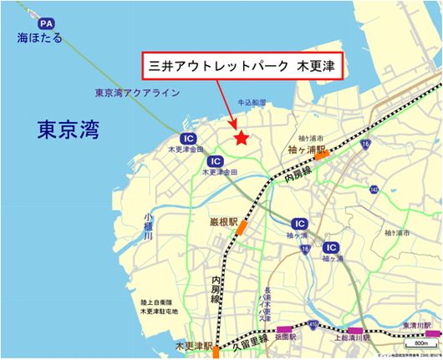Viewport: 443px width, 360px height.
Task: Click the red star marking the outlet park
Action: (241, 139)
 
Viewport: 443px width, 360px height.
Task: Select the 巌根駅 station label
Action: (223, 223)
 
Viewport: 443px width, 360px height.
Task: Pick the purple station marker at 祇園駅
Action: (287, 330)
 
